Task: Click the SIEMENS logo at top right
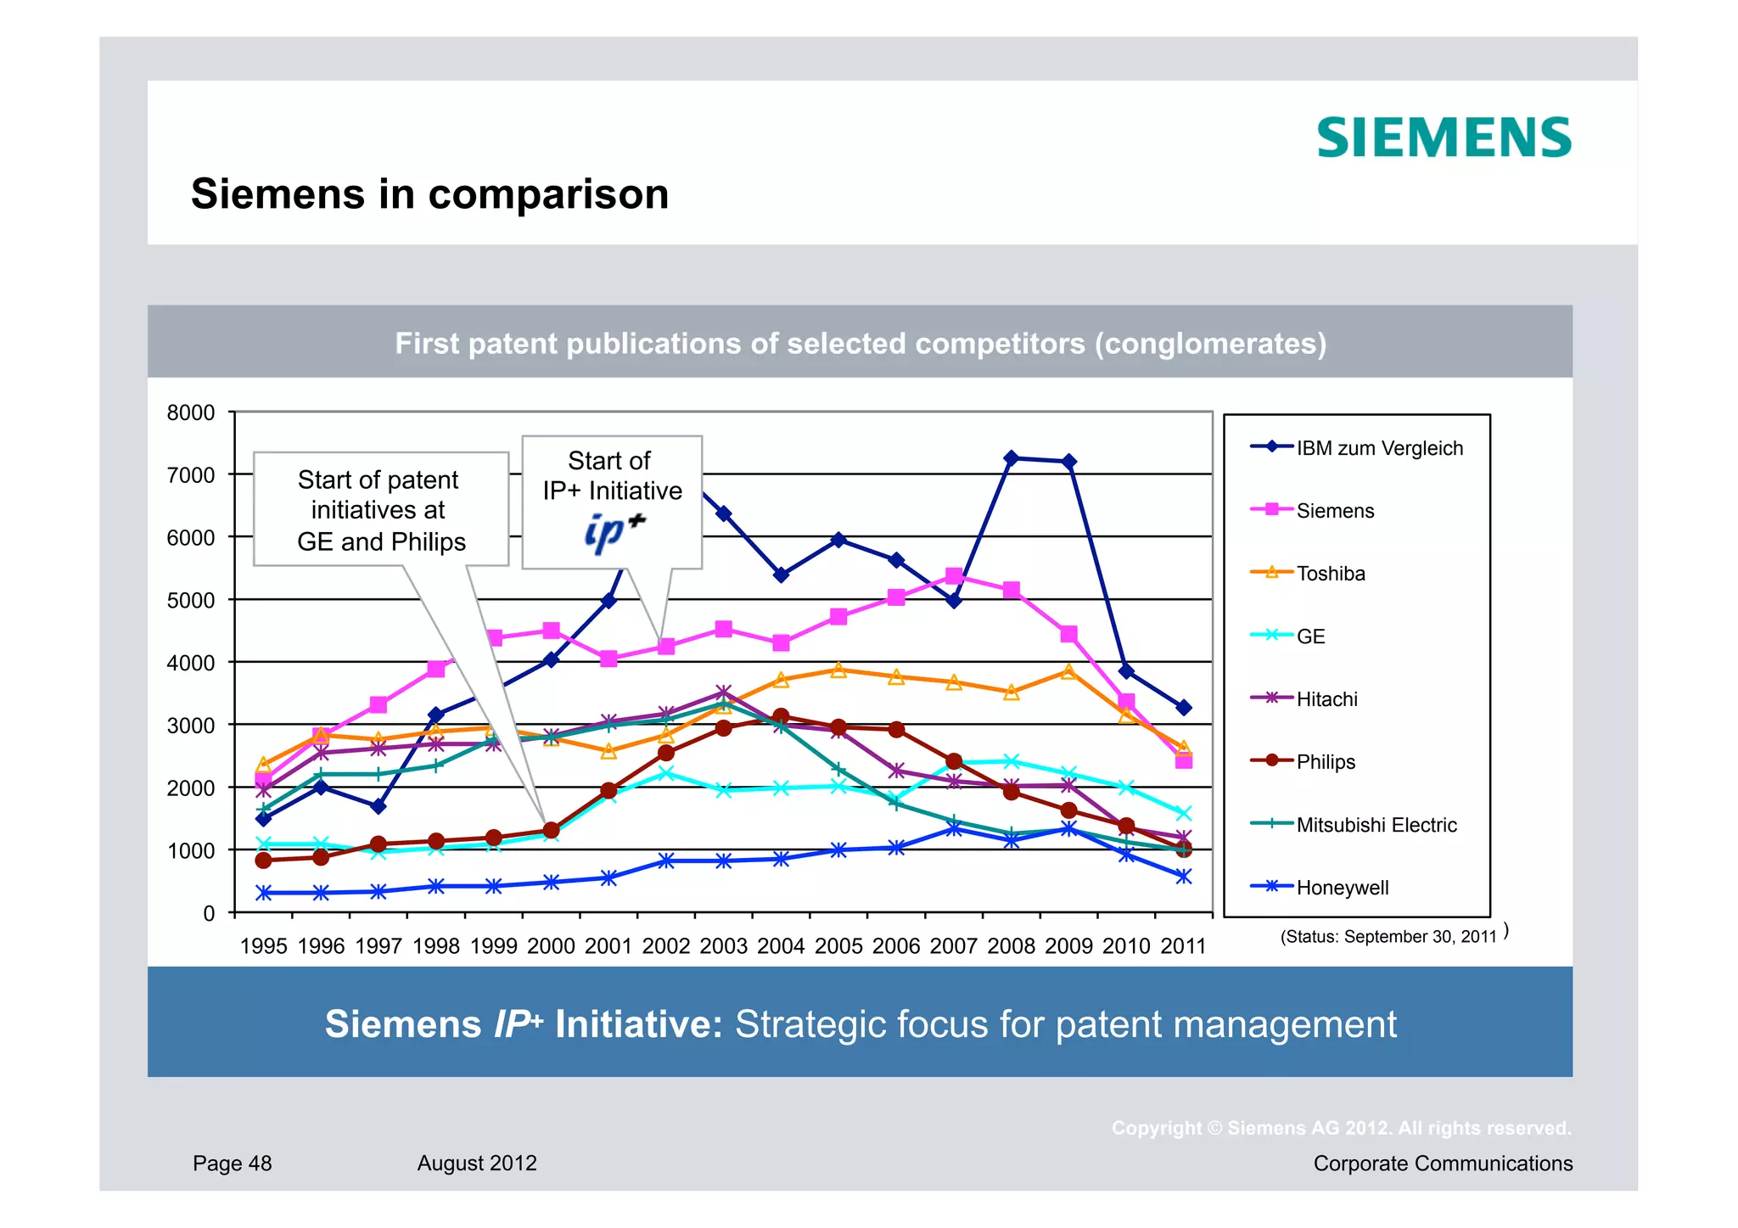pyautogui.click(x=1444, y=138)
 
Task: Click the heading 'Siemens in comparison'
pyautogui.click(x=429, y=194)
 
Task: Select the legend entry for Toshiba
pyautogui.click(x=1330, y=574)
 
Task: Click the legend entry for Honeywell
pyautogui.click(x=1342, y=888)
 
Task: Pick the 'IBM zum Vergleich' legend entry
pyautogui.click(x=1379, y=448)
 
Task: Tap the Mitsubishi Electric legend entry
pyautogui.click(x=1376, y=825)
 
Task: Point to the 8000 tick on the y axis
pyautogui.click(x=191, y=413)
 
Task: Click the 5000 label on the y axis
pyautogui.click(x=191, y=601)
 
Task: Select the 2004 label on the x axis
pyautogui.click(x=781, y=946)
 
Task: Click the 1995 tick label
pyautogui.click(x=263, y=946)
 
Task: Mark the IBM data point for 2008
pyautogui.click(x=1011, y=458)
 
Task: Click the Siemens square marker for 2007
pyautogui.click(x=954, y=576)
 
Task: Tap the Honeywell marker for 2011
pyautogui.click(x=1184, y=877)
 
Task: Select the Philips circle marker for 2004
pyautogui.click(x=781, y=717)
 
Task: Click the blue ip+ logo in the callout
pyautogui.click(x=614, y=531)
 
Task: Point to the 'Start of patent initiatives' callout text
pyautogui.click(x=380, y=510)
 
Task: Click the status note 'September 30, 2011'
pyautogui.click(x=1388, y=937)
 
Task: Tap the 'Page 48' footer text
pyautogui.click(x=232, y=1164)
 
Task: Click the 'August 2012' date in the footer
pyautogui.click(x=477, y=1164)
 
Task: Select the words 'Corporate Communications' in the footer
pyautogui.click(x=1443, y=1164)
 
